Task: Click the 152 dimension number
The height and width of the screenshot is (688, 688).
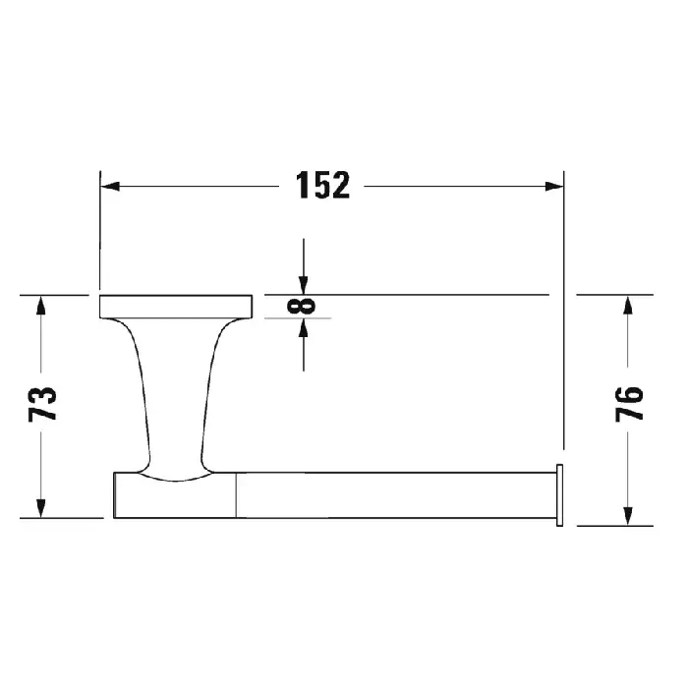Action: pyautogui.click(x=322, y=186)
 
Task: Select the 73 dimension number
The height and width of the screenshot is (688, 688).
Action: pyautogui.click(x=42, y=404)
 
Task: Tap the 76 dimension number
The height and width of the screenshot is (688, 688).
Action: pyautogui.click(x=629, y=404)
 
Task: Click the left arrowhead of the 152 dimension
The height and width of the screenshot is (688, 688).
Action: pyautogui.click(x=110, y=186)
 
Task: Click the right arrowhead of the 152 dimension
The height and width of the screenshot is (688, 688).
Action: pyautogui.click(x=554, y=186)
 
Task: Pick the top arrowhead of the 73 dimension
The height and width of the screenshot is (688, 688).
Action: pyautogui.click(x=41, y=305)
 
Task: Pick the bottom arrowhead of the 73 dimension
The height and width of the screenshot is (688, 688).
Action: pyautogui.click(x=41, y=508)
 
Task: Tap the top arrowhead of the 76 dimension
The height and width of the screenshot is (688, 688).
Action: pyautogui.click(x=628, y=305)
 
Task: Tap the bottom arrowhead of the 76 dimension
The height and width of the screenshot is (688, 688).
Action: pyautogui.click(x=628, y=516)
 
